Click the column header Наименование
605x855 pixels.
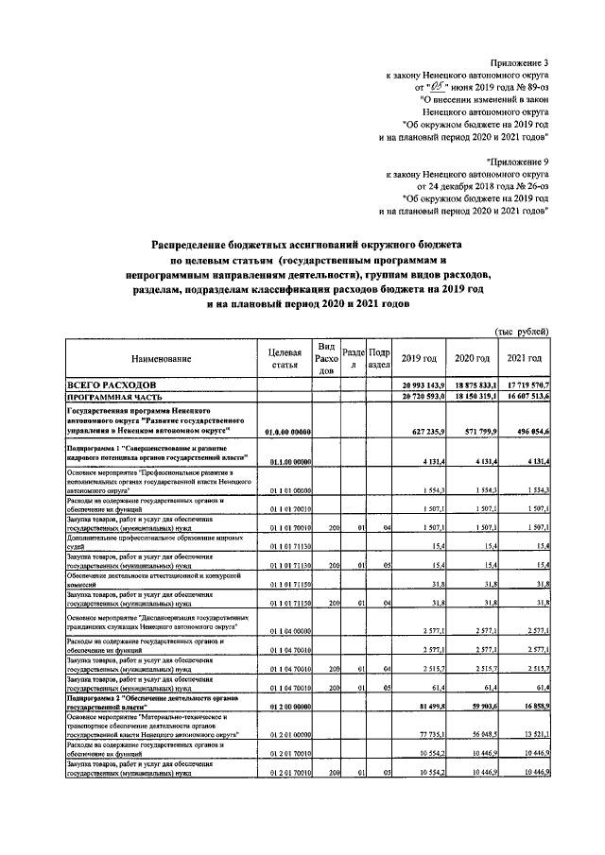pos(162,358)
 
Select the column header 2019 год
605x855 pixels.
pos(419,358)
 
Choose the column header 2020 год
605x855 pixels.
pos(473,358)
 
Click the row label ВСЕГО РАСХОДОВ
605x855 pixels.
pos(109,386)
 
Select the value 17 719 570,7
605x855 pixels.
pos(527,387)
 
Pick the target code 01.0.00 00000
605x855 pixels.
pos(288,433)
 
